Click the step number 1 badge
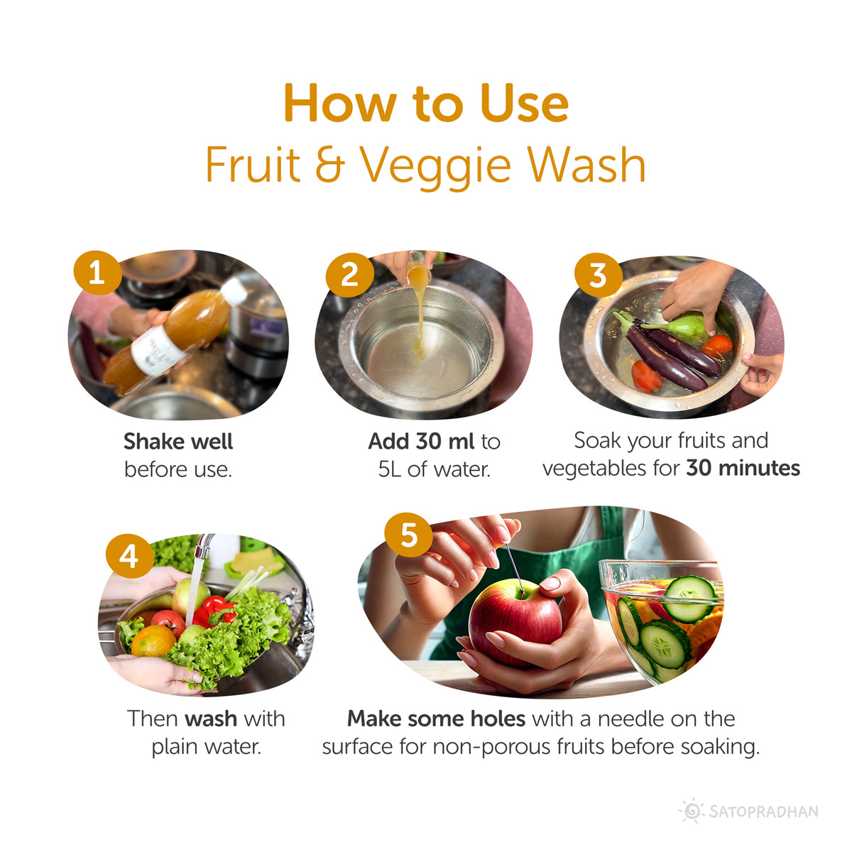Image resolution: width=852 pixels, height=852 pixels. tap(97, 272)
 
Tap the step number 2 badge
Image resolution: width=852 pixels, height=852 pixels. tap(349, 275)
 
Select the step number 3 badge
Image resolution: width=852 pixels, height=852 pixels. tap(598, 274)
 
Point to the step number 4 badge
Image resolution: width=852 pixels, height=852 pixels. tap(129, 555)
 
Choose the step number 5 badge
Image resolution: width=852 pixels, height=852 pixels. tap(408, 533)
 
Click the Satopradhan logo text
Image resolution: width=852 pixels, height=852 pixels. tap(763, 812)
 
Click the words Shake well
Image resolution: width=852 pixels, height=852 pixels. tap(178, 442)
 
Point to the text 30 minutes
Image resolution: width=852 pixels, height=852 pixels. tap(743, 469)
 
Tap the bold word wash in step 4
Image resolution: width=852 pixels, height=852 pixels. tap(211, 719)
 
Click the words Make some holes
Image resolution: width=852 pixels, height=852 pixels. tap(436, 719)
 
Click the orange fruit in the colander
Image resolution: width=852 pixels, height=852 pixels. tap(153, 641)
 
